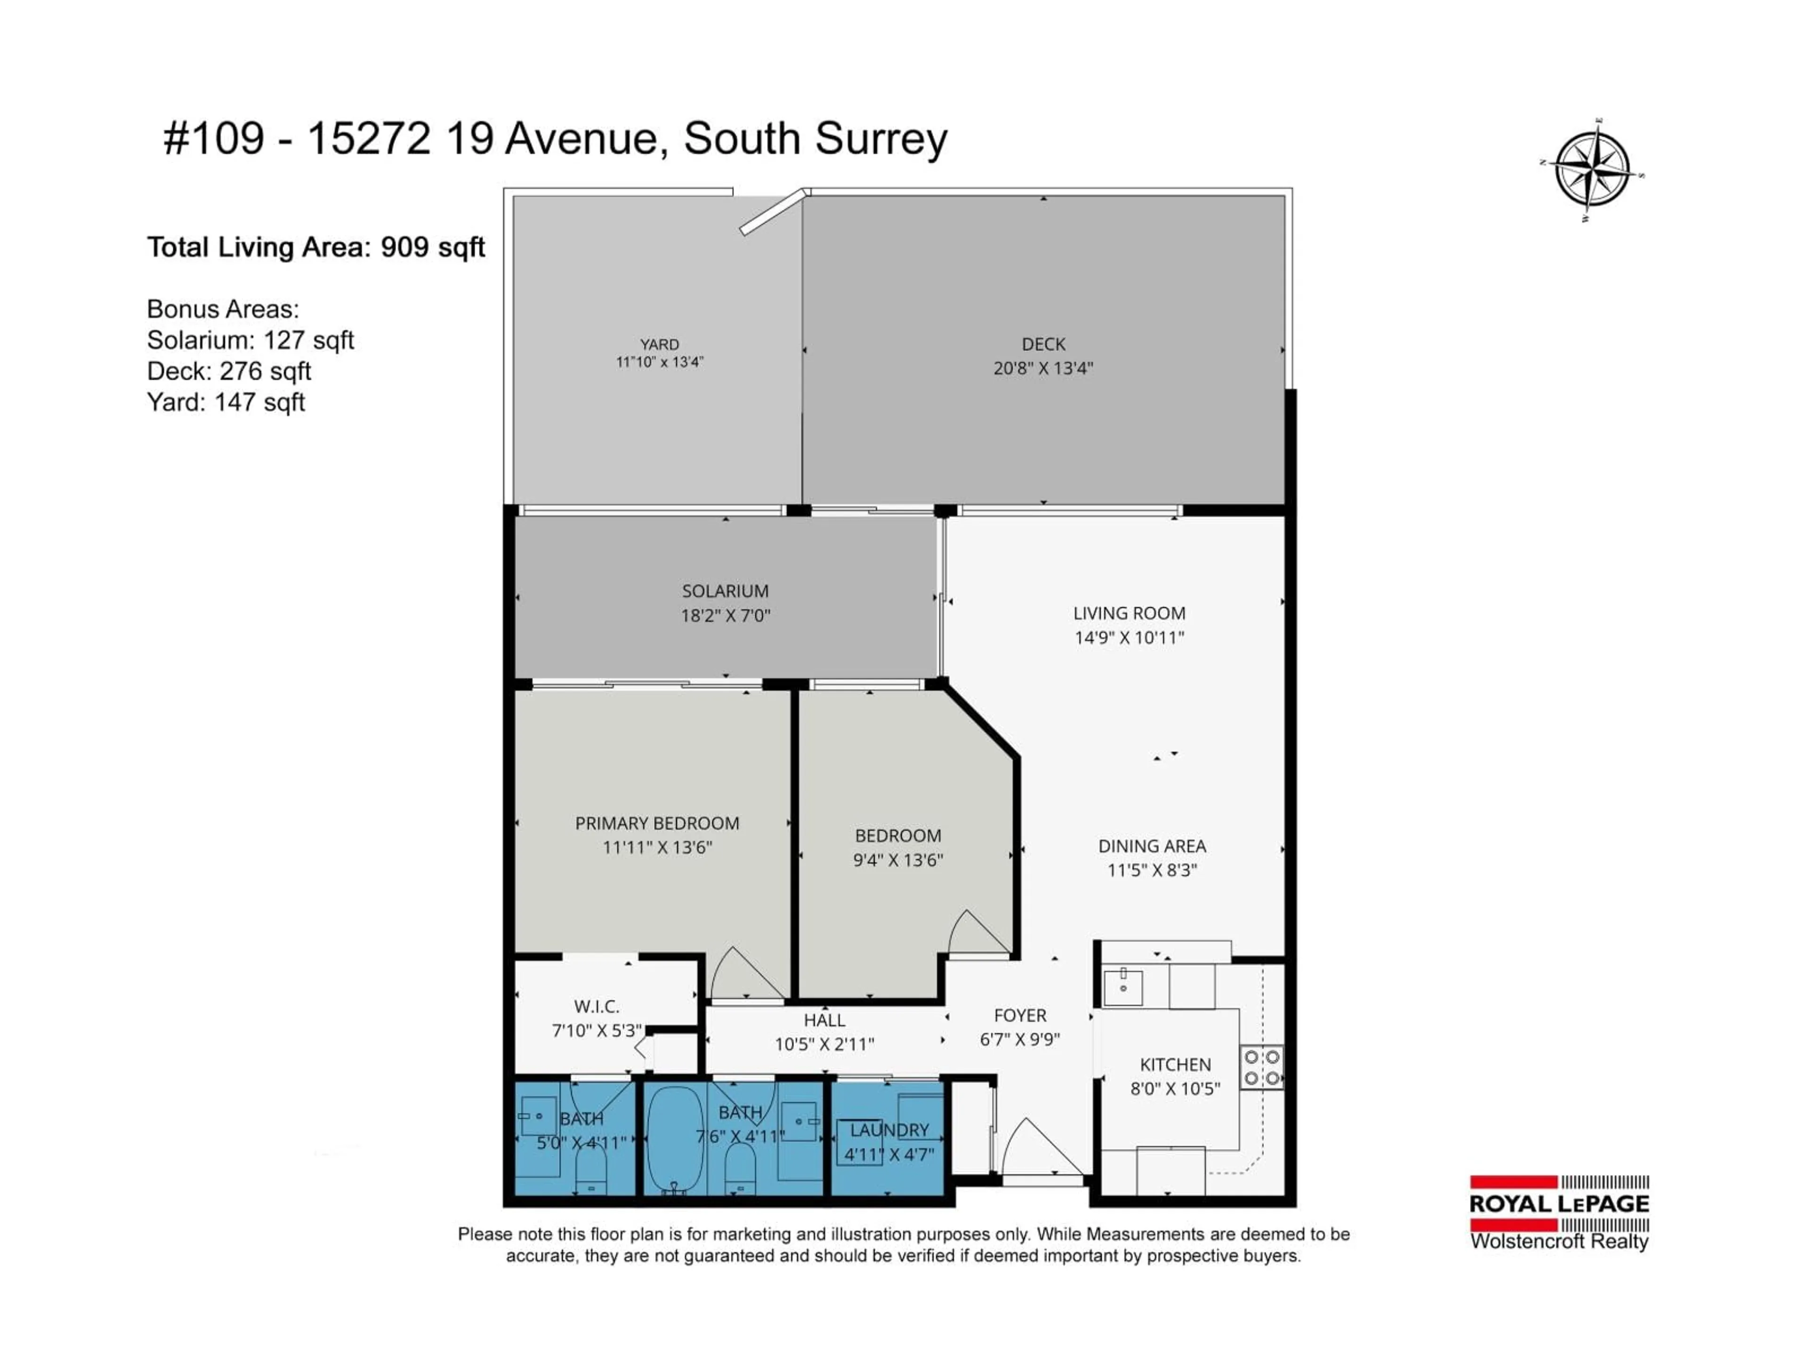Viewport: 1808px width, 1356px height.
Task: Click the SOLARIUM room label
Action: (x=725, y=591)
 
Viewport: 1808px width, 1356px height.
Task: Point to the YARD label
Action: (x=659, y=344)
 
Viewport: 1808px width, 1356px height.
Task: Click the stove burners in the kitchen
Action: (x=1261, y=1067)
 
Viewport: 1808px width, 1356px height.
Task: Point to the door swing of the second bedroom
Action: (x=977, y=933)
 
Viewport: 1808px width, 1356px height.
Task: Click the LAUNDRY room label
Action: (x=889, y=1130)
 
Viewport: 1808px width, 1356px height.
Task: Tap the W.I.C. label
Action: (x=597, y=1006)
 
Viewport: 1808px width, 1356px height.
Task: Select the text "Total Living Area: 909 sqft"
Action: (x=315, y=247)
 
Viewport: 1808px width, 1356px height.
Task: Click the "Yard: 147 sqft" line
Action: (x=226, y=402)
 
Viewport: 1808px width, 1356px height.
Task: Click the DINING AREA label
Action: (x=1152, y=846)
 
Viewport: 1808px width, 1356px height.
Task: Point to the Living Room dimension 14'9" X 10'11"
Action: (x=1129, y=638)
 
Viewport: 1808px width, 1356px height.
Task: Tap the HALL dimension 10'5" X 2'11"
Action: (x=824, y=1044)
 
